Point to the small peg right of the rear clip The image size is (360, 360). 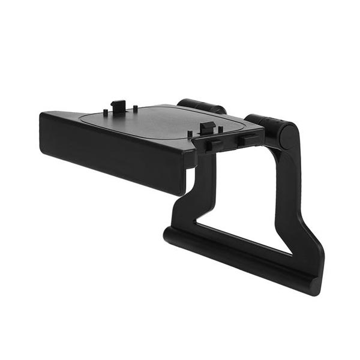(136, 109)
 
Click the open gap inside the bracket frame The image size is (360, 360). (246, 204)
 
